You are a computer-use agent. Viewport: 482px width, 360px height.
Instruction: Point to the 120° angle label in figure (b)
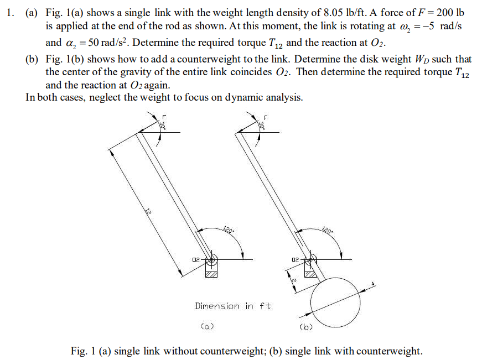coord(326,230)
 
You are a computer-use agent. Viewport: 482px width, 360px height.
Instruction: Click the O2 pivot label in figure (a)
coord(196,259)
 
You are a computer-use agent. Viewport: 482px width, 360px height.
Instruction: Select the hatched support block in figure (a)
coord(211,273)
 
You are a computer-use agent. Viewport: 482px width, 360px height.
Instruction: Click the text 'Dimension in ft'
coord(233,306)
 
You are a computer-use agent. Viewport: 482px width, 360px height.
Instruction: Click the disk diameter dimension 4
coord(373,284)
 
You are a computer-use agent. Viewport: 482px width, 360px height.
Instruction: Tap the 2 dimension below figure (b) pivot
coord(293,282)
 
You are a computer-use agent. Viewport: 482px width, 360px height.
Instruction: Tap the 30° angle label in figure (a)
coord(163,126)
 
